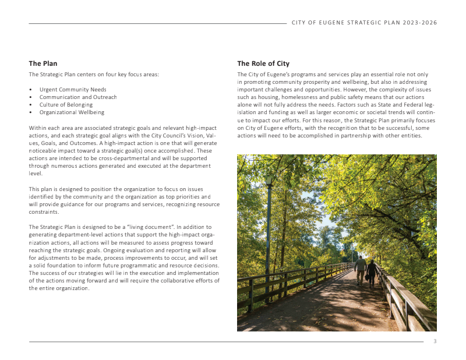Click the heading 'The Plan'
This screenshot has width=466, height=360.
click(43, 63)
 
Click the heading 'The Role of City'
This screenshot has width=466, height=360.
click(263, 63)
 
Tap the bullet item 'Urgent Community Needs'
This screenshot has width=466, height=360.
click(73, 90)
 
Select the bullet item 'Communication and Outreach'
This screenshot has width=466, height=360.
click(78, 97)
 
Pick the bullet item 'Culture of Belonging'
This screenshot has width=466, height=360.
click(66, 105)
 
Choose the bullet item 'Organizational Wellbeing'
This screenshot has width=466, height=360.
click(72, 112)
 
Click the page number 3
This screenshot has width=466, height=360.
click(435, 341)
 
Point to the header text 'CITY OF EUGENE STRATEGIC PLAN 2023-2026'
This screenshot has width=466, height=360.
click(365, 23)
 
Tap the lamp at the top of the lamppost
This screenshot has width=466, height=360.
click(269, 177)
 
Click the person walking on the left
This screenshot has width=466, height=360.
click(361, 269)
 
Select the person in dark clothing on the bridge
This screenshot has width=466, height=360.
click(372, 272)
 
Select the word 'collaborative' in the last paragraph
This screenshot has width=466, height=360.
click(159, 280)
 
